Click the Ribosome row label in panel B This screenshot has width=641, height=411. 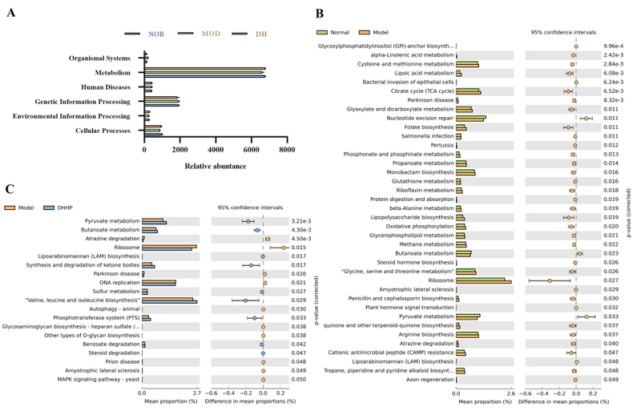[441, 280]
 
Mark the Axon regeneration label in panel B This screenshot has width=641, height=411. [429, 380]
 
